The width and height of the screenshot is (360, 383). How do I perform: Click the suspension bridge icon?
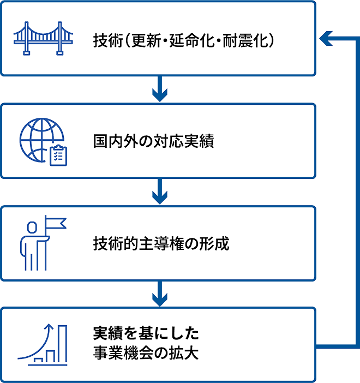point(43,38)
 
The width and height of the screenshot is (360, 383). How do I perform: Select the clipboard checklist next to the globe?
point(58,155)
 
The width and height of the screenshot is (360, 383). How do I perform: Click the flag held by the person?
point(56,223)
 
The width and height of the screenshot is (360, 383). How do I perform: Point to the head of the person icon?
point(32,228)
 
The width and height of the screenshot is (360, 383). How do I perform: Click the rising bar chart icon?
point(43,345)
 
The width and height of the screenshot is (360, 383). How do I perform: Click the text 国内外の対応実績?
point(154,141)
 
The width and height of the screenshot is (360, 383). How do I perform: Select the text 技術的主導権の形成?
point(161,243)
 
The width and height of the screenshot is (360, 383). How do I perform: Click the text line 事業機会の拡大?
point(146,352)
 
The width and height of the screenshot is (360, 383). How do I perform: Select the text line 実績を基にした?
point(146,333)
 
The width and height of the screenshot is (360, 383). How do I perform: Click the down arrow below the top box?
point(160,89)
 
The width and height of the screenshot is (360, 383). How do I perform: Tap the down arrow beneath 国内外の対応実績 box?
point(160,191)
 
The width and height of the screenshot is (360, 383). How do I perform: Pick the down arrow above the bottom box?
point(160,294)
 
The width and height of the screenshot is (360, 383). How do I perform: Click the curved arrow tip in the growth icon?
point(50,326)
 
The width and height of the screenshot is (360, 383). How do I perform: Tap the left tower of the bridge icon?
point(27,38)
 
